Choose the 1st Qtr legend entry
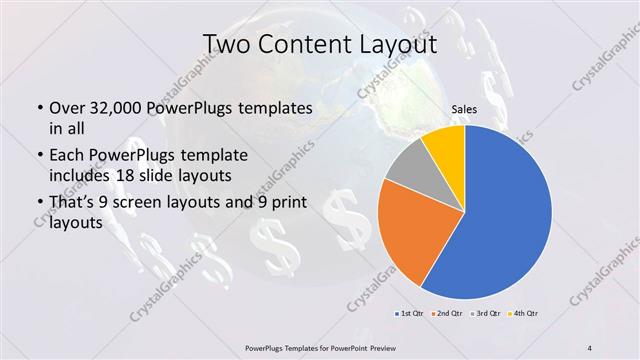point(411,314)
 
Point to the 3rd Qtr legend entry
point(487,314)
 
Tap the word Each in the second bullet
point(67,155)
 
